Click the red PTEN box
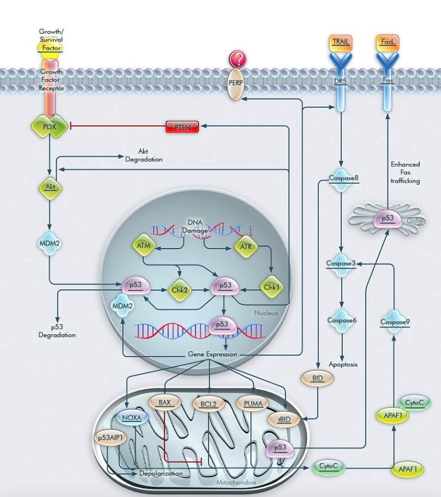[x=181, y=126]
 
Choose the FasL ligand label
[x=387, y=42]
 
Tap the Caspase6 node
[x=341, y=321]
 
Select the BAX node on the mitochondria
[x=164, y=403]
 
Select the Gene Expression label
[x=212, y=355]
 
